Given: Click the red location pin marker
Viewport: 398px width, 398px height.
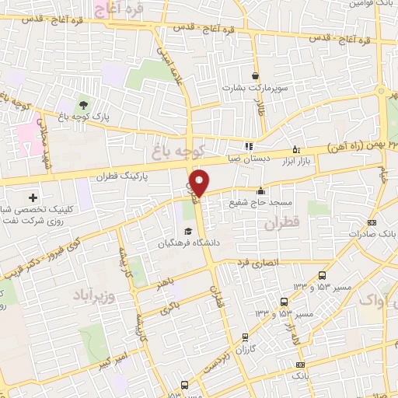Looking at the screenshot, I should click(x=199, y=183).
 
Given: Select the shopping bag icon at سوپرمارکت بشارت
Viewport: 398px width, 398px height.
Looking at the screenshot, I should click(x=256, y=76).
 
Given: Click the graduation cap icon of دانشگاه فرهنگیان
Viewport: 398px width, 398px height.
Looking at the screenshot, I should click(x=187, y=231).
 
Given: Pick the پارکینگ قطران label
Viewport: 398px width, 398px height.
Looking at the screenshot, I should click(x=122, y=177).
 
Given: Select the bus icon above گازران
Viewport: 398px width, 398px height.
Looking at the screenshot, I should click(x=246, y=337).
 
